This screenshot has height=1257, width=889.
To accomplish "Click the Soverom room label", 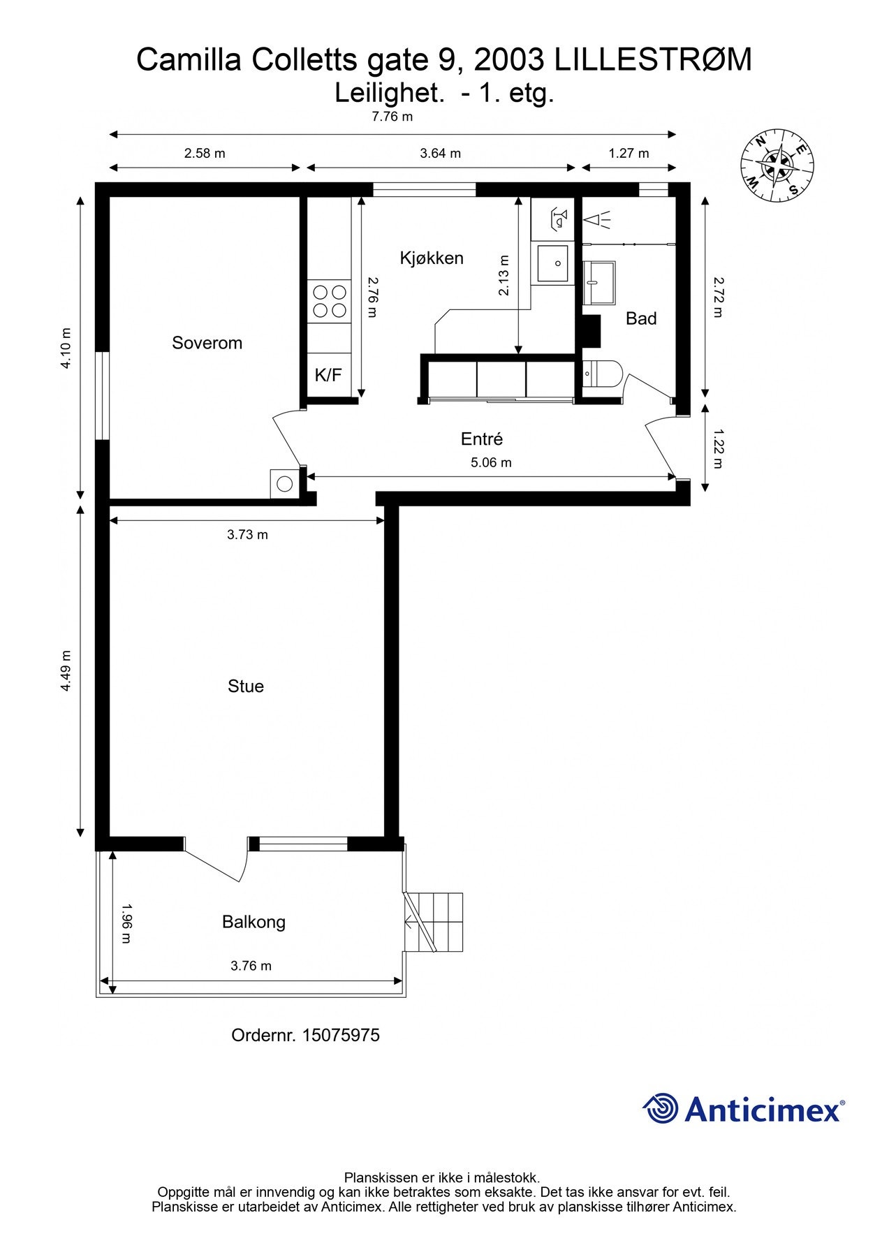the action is pos(207,343).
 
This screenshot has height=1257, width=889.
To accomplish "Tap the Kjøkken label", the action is pos(432,258).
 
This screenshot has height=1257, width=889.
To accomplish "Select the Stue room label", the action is pos(246,686).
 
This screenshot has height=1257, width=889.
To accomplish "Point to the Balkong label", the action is pos(254,922).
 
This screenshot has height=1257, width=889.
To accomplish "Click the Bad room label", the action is pos(641,318).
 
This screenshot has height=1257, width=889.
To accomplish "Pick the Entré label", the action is pos(482,439).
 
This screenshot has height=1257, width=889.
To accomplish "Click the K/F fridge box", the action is pos(328,376).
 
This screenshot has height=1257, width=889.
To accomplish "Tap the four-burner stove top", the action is pos(329,301).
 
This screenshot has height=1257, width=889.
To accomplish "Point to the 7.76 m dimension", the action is pos(392,117).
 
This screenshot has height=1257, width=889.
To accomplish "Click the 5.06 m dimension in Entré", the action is pos(491,462).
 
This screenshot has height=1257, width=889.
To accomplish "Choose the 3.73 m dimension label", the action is pos(247,535).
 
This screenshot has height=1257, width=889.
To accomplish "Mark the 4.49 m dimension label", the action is pos(66,671).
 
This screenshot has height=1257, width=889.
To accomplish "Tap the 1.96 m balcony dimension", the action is pos(126,923).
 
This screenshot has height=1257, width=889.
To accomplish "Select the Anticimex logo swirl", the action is pos(661,1108).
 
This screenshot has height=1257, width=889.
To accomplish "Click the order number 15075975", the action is pos(340,1035).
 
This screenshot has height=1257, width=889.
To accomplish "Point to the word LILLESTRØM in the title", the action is pos(654,60).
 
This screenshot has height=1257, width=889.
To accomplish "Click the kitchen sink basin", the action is pos(552,263).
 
